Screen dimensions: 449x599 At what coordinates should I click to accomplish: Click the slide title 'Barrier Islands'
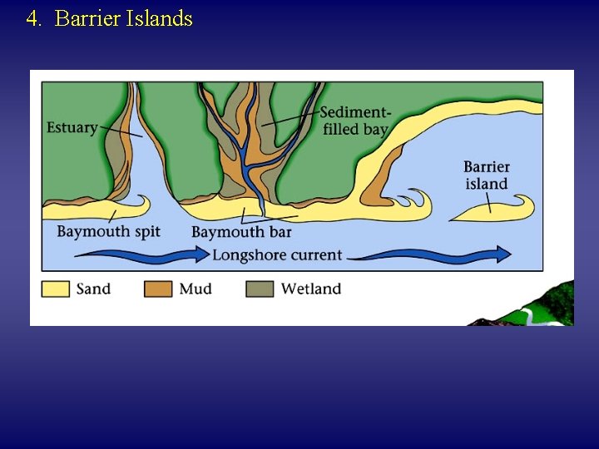click(x=123, y=18)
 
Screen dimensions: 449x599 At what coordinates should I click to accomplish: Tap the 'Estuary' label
click(x=72, y=128)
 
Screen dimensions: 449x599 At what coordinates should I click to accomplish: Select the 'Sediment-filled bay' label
click(x=354, y=121)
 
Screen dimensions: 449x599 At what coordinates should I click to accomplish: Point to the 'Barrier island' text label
click(x=487, y=175)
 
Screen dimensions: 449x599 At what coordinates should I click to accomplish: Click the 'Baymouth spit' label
click(x=108, y=231)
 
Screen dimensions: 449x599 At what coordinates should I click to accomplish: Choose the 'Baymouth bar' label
click(x=241, y=232)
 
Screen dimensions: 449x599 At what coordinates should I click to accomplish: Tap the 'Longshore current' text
click(x=277, y=254)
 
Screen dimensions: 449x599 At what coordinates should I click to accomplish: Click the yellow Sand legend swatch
click(x=56, y=289)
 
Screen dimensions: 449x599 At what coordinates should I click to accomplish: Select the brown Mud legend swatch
click(x=158, y=289)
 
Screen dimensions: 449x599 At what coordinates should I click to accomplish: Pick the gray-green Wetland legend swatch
click(x=260, y=289)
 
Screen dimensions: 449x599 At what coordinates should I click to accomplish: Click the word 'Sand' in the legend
click(x=93, y=289)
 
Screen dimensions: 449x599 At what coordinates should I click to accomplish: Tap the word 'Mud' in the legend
click(x=196, y=289)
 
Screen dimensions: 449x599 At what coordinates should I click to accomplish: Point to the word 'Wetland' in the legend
click(x=311, y=289)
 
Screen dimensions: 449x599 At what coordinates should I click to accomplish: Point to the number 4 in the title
click(x=32, y=18)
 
